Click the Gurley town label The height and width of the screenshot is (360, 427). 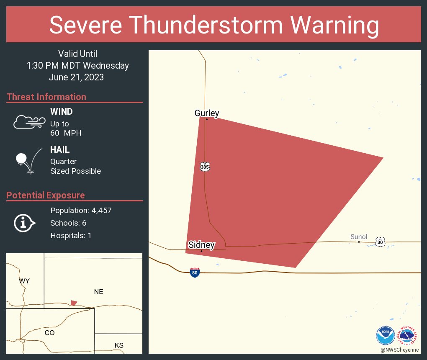click(x=207, y=113)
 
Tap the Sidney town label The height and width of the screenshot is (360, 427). click(x=201, y=245)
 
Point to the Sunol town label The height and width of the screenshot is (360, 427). click(x=359, y=237)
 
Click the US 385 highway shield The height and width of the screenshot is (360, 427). click(x=205, y=167)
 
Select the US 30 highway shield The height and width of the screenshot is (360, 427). click(x=380, y=242)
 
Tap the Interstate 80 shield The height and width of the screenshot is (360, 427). click(x=195, y=273)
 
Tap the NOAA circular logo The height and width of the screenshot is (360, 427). click(x=385, y=335)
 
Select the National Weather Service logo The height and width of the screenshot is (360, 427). click(x=408, y=335)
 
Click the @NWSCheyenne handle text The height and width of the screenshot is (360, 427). click(x=400, y=350)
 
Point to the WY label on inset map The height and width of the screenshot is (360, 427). click(x=24, y=281)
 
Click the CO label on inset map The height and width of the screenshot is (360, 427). click(x=49, y=333)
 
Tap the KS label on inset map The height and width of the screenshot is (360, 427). click(x=119, y=345)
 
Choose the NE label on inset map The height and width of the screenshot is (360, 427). click(x=98, y=292)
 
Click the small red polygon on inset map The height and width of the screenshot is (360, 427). click(x=74, y=303)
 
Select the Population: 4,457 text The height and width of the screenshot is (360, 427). click(x=81, y=211)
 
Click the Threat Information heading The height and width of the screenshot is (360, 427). click(x=46, y=97)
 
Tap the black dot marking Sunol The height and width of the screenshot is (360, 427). click(x=359, y=242)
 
